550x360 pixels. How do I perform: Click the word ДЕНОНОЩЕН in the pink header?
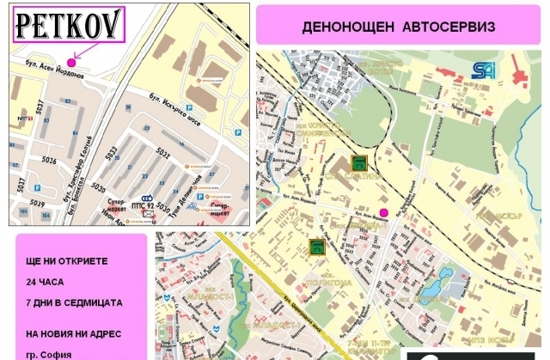click(345, 27)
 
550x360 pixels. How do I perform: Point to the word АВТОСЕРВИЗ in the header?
click(447, 27)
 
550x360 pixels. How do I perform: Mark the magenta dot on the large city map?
click(384, 212)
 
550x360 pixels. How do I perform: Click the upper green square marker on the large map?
click(358, 163)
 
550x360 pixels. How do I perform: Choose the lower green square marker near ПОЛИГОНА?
click(317, 247)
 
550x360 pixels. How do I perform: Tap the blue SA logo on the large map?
click(479, 71)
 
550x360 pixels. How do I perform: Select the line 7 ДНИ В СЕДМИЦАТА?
click(74, 302)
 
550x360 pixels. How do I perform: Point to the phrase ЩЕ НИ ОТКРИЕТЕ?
click(65, 259)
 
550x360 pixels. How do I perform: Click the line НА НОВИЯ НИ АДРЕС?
click(74, 333)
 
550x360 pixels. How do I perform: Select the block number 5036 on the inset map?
click(49, 160)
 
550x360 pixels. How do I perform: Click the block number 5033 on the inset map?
click(111, 154)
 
